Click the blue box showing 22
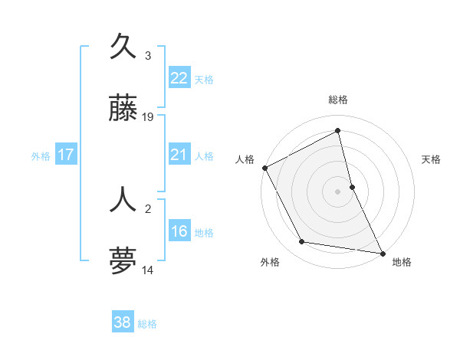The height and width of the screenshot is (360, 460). [179, 78]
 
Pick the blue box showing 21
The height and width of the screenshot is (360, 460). [179, 155]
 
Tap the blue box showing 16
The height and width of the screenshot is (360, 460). [179, 231]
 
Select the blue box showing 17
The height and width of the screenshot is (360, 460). [66, 155]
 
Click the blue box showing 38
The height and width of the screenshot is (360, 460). [123, 322]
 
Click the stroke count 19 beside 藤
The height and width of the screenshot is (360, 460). [148, 117]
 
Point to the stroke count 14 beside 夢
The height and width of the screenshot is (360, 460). [148, 270]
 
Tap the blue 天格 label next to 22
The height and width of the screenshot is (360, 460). [204, 79]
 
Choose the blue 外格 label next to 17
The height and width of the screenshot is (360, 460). [41, 155]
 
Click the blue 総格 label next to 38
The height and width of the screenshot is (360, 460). [147, 323]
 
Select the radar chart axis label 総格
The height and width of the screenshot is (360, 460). [338, 100]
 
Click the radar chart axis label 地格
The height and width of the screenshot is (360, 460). [402, 262]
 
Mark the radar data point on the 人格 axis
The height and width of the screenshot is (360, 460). [264, 168]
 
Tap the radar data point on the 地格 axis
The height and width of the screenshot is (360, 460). [382, 253]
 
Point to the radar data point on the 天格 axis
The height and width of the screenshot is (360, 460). [352, 187]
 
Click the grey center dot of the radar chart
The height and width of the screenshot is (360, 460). [338, 191]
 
